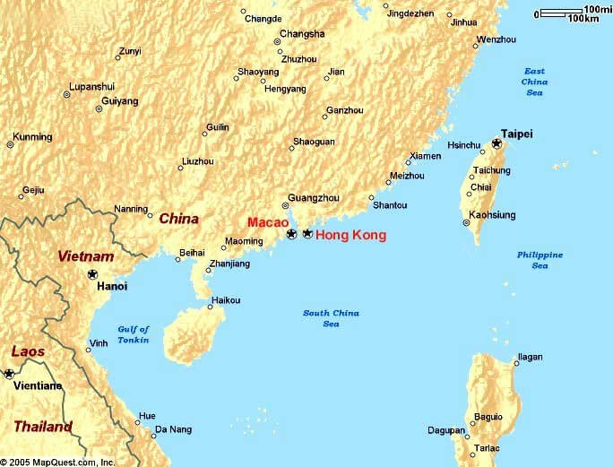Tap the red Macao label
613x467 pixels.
point(268,221)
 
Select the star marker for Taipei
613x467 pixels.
point(497,143)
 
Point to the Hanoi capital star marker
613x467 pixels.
point(92,273)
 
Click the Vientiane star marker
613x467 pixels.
point(10,373)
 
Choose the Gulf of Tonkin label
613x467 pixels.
point(134,334)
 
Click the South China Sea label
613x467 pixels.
point(331,318)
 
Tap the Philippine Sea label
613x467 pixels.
point(540,260)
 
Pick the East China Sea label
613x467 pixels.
point(535,82)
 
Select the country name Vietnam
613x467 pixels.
point(86,256)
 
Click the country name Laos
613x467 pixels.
point(27,352)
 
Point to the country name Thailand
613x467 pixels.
point(42,427)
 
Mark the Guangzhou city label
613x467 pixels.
point(313,197)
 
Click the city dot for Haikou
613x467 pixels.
point(211,307)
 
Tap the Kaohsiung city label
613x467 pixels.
point(493,215)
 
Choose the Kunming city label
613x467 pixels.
point(32,137)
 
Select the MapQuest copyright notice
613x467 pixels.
point(57,461)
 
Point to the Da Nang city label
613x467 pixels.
point(173,429)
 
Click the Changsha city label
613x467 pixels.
point(302,34)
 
